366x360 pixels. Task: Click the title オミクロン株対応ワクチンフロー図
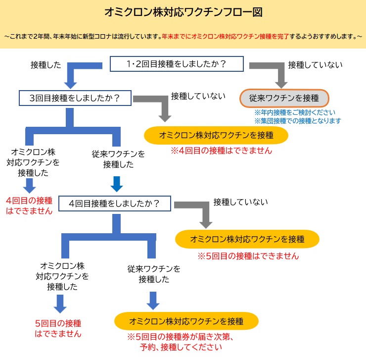pos(183,12)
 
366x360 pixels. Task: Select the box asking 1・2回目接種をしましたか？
pos(177,64)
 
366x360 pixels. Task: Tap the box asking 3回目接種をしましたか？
pos(75,98)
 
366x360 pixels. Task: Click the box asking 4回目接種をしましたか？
pos(115,203)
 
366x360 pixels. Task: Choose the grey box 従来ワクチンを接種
pos(284,98)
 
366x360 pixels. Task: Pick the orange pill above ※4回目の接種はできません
pos(216,135)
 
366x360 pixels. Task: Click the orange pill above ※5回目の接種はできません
pos(247,239)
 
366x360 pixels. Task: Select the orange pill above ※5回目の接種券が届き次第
pos(186,321)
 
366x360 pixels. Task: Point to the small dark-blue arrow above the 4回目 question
pos(116,184)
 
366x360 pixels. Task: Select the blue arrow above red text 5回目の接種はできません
pos(59,304)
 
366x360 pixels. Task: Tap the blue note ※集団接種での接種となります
pos(298,121)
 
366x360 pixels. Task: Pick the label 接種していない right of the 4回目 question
pos(240,202)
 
